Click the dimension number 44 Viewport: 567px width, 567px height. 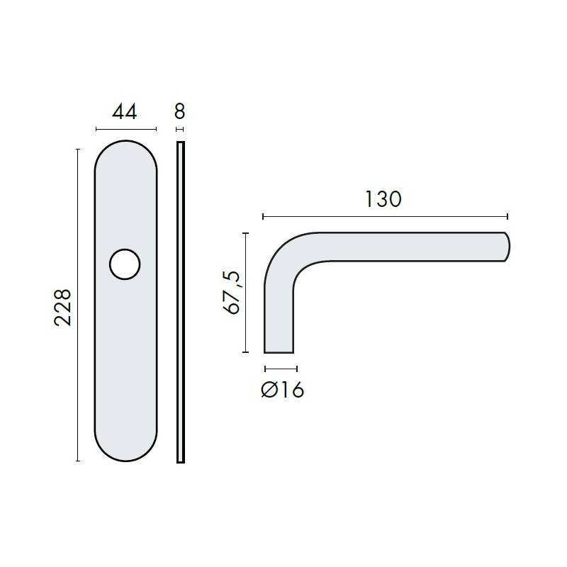[125, 112]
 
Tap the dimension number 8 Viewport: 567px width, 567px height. [179, 112]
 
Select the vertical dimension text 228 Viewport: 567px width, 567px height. [64, 306]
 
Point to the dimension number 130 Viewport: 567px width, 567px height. [383, 199]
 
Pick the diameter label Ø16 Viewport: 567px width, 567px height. [282, 390]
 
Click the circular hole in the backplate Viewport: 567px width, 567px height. [125, 264]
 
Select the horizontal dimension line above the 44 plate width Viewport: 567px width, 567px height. [125, 129]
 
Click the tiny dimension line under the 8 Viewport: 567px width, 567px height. [179, 129]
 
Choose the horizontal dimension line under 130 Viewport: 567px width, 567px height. [385, 216]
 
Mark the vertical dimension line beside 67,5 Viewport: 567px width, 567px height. [245, 292]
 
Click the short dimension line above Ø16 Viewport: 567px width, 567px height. [280, 369]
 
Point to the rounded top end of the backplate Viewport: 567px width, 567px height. [125, 152]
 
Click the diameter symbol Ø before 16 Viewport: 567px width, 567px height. [269, 390]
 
